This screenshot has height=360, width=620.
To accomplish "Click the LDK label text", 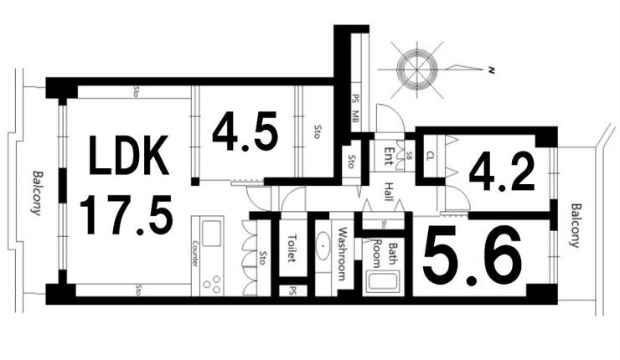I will click(129, 157).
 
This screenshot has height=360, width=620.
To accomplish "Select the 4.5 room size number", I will click(244, 132).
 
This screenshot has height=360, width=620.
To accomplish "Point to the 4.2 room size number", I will click(501, 172).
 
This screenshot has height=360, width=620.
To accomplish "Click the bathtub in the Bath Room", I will click(382, 278).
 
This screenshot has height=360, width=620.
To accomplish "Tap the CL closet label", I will click(431, 156).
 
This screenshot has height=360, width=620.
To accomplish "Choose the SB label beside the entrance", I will click(409, 156).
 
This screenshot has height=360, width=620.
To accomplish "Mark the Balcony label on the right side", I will click(575, 226).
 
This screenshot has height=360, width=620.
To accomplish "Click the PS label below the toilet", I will click(292, 292).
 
